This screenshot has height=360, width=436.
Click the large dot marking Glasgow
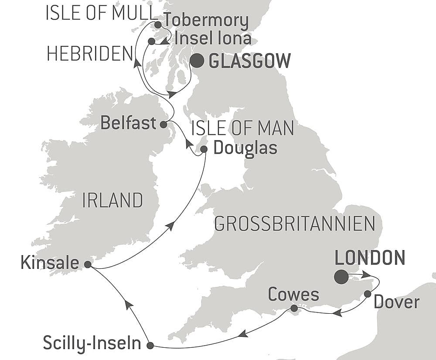197,61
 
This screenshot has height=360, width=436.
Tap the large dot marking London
341,277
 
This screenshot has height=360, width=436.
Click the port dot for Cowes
294,309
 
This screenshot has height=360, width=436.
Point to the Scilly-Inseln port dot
150,346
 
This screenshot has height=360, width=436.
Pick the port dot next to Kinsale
88,264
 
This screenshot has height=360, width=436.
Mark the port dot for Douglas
204,149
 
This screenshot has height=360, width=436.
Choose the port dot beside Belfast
163,124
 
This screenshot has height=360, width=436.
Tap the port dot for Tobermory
158,24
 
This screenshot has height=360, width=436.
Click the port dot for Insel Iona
151,41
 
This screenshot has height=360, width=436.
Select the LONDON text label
370,258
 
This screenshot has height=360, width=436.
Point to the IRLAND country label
112,200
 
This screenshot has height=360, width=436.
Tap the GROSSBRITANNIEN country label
295,223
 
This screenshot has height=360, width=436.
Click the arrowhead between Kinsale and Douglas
171,225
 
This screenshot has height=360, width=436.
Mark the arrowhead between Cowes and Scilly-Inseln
243,334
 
